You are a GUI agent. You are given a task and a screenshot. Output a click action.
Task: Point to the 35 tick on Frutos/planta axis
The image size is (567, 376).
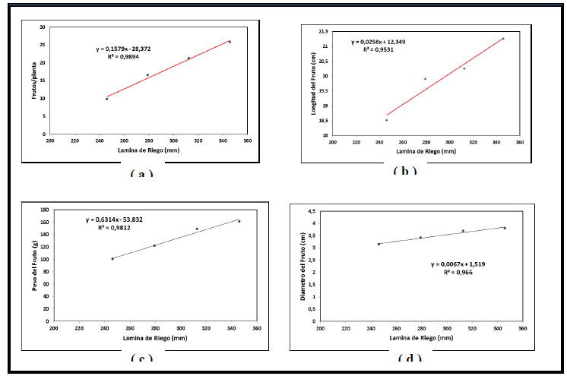point(43,27)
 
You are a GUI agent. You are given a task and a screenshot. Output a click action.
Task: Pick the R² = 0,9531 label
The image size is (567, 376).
point(378,49)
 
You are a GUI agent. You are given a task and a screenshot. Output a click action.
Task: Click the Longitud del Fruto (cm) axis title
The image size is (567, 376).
point(312,79)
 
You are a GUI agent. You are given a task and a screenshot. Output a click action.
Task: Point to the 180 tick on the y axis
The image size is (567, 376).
point(43,210)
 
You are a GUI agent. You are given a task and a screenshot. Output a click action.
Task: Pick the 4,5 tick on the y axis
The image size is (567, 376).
point(311,211)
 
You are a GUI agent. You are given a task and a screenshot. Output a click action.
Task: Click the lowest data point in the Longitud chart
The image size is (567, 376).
point(386,120)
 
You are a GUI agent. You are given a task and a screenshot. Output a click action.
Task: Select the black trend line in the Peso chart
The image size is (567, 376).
point(175,239)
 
